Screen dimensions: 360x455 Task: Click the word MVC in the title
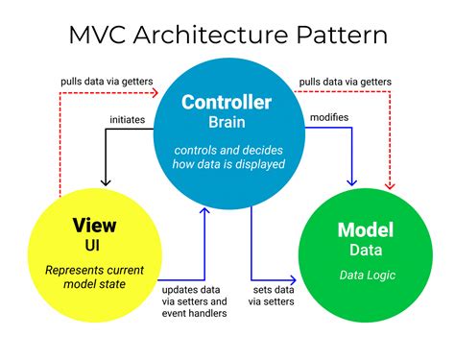[x=101, y=36]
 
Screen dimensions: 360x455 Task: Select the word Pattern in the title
[x=342, y=36]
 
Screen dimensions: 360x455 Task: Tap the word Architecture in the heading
[x=215, y=36]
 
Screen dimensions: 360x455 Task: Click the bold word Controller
[x=227, y=103]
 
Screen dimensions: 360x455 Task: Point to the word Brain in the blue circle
[x=227, y=123]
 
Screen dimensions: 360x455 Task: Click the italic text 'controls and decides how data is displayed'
[x=227, y=155]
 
